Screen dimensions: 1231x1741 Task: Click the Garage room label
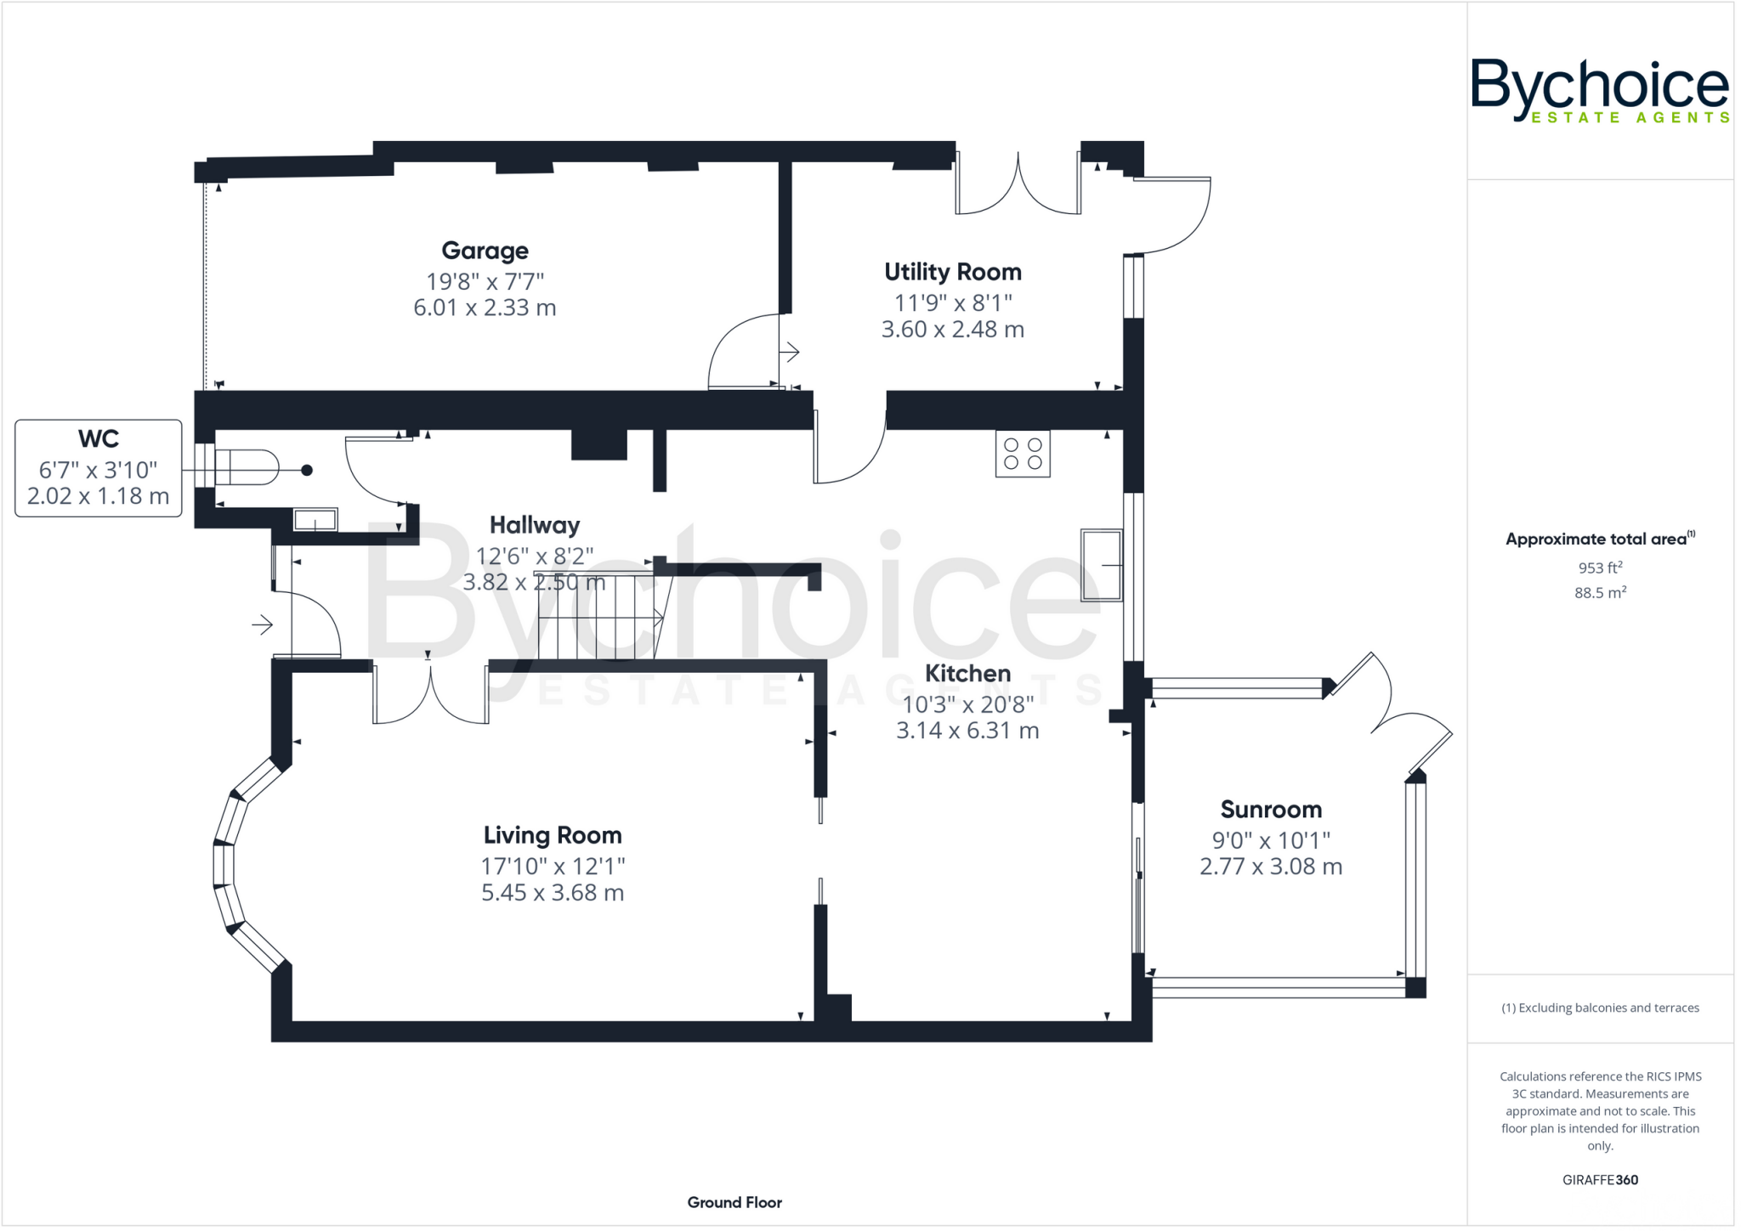pos(485,251)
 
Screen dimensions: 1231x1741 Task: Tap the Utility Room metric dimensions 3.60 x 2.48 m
pos(952,330)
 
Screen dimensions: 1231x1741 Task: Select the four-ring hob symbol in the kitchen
pos(1023,454)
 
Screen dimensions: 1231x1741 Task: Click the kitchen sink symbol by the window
pos(1101,564)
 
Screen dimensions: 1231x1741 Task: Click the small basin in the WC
pos(315,520)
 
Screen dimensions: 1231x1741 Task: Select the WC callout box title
pos(99,439)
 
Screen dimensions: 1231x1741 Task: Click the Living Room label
pos(553,835)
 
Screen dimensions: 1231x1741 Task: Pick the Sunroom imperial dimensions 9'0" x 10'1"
pos(1271,840)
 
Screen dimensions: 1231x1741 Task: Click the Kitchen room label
pos(967,674)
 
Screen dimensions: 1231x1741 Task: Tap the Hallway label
pos(534,525)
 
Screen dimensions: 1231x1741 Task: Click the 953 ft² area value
pos(1600,568)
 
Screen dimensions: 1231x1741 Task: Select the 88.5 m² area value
pos(1600,593)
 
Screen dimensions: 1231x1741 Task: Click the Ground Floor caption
pos(734,1202)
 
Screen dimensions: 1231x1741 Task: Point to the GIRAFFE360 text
pos(1600,1180)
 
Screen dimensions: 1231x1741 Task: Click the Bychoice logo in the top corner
pos(1600,90)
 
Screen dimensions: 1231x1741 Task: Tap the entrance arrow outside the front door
pos(262,625)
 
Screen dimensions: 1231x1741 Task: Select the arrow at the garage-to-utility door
pos(790,351)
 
